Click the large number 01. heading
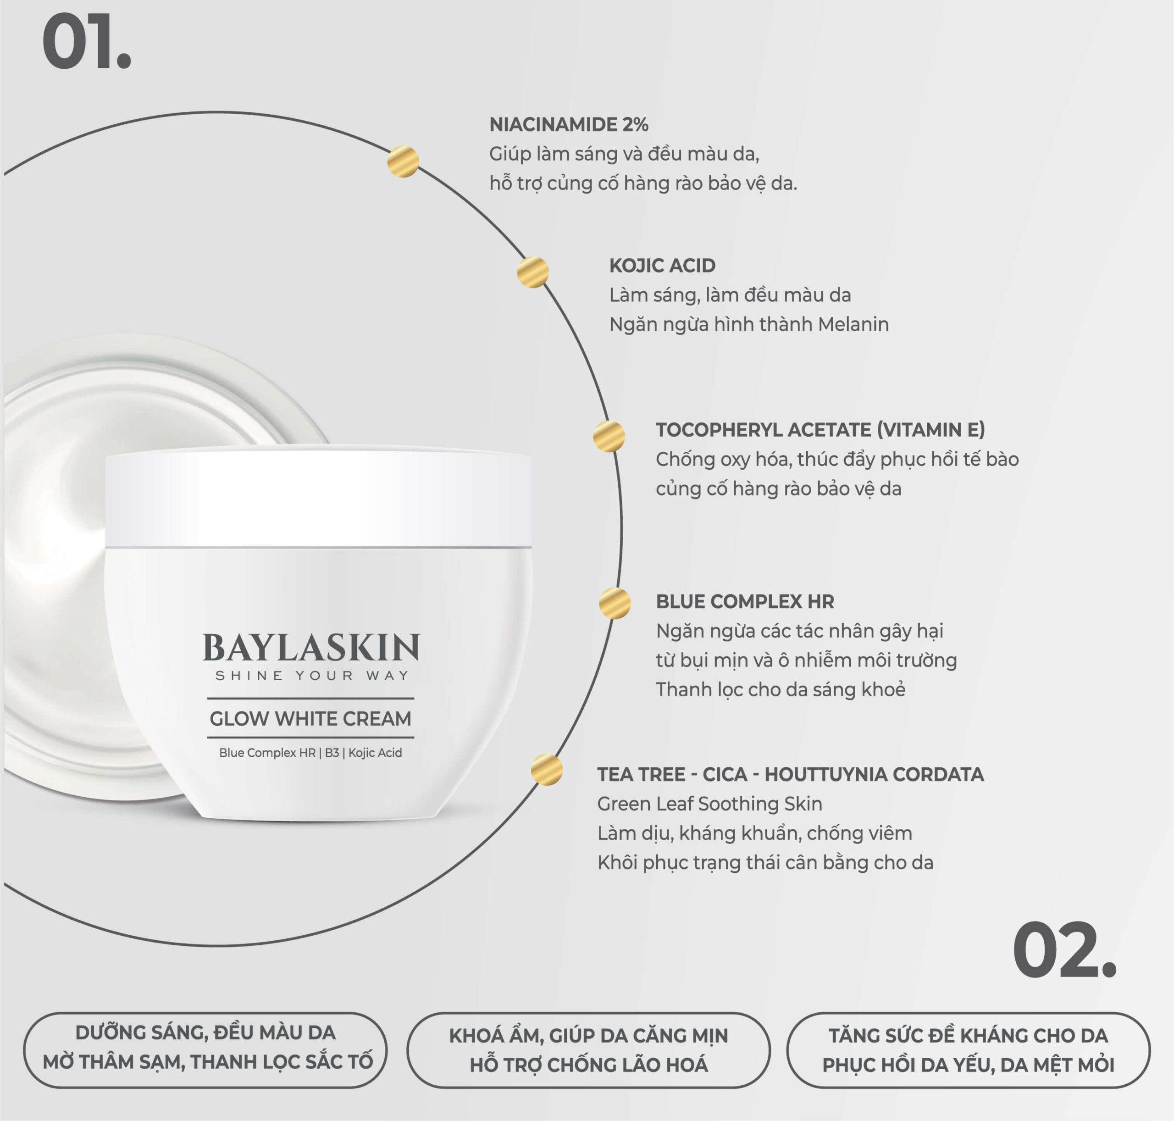click(x=86, y=44)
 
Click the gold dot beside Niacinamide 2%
click(x=403, y=161)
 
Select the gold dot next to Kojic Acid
click(x=533, y=272)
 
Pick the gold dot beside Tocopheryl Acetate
click(x=609, y=436)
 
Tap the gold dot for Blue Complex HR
click(x=615, y=603)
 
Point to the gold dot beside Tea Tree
click(x=547, y=770)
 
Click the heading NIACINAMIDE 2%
click(x=569, y=124)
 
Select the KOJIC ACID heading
click(x=662, y=265)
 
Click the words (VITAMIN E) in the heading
click(x=931, y=430)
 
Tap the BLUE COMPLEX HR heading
click(x=745, y=601)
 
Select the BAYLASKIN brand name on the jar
click(x=311, y=649)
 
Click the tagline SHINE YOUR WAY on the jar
click(x=311, y=676)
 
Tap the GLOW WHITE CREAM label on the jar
click(x=310, y=718)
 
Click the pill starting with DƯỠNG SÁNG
click(x=205, y=1050)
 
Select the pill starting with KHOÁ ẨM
click(x=588, y=1050)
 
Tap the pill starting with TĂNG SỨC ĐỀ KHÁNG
click(x=969, y=1050)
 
